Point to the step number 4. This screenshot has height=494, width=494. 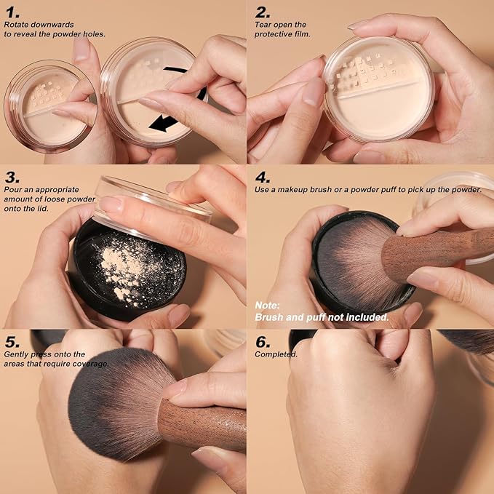(x=263, y=177)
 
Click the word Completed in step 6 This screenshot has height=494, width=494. (x=276, y=354)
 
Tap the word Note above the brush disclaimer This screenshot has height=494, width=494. (x=266, y=305)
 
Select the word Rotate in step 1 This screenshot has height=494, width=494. (x=18, y=25)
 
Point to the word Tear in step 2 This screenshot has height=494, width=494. (x=261, y=25)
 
